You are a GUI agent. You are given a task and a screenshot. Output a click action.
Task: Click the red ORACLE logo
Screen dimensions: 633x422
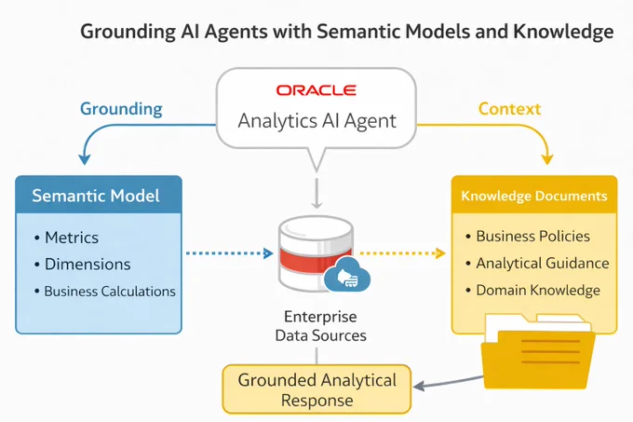pos(316,90)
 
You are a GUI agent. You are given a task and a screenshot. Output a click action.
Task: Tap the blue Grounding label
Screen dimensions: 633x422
pos(121,109)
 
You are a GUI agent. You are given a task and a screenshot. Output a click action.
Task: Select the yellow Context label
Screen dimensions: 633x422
pos(509,109)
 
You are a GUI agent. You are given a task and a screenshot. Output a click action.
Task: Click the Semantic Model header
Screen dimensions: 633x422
pos(96,196)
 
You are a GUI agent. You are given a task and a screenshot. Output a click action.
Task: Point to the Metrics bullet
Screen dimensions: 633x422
pos(67,238)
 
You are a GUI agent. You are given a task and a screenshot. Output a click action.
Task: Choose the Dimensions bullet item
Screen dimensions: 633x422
pos(82,265)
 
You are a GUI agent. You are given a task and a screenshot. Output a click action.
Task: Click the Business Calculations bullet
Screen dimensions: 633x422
pos(105,292)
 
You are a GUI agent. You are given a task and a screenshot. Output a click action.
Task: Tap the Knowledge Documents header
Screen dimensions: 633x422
pos(534,196)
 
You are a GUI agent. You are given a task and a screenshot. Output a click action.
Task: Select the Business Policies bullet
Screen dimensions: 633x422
pos(528,237)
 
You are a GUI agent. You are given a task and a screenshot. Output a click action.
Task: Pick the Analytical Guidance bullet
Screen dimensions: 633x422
pos(537,264)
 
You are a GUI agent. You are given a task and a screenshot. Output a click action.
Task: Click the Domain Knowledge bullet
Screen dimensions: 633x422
pos(532,290)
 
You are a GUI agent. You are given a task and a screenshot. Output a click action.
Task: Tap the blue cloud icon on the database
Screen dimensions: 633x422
pos(347,274)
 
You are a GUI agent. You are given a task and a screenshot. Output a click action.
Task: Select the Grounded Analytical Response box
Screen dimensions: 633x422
pos(316,389)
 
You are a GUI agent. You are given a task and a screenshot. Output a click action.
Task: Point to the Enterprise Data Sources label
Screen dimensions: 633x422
pos(320,326)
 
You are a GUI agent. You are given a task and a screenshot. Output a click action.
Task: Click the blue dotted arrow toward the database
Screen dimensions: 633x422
pos(229,253)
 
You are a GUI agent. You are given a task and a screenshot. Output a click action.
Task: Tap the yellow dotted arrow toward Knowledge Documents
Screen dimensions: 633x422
pos(402,253)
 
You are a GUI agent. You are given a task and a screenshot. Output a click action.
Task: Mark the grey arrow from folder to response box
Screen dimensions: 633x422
pos(448,382)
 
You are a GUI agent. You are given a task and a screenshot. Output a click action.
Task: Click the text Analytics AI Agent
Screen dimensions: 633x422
pos(316,121)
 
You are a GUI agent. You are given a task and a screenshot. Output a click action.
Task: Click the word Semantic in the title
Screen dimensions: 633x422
pos(357,31)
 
